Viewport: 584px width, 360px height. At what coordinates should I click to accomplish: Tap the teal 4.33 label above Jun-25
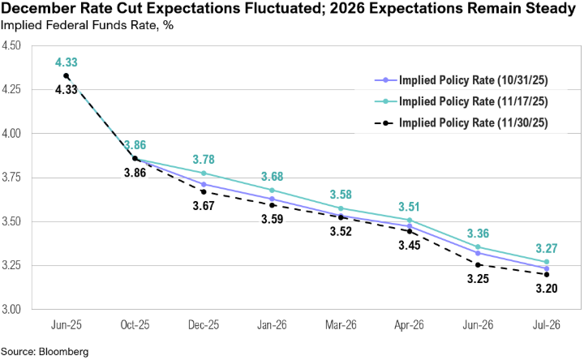(67, 62)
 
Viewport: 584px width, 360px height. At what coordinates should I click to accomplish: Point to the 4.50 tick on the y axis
(15, 45)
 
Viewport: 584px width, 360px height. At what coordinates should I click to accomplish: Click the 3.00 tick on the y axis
(15, 310)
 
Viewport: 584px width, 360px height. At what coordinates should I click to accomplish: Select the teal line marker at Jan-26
(273, 190)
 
